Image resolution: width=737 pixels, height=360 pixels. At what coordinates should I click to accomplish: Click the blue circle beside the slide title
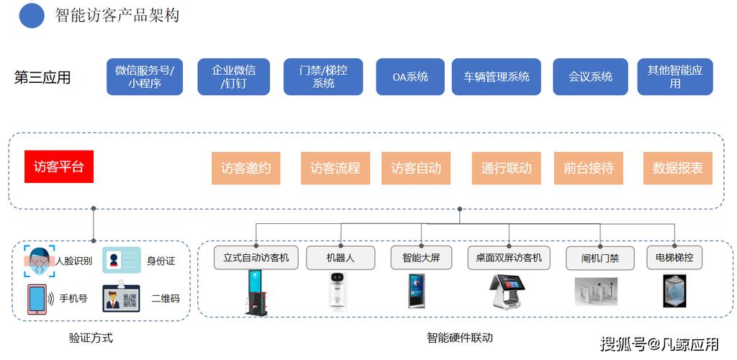32,15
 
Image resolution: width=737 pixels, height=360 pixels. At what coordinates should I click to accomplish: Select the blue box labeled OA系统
410,77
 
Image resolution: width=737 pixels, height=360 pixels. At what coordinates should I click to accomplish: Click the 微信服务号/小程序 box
145,77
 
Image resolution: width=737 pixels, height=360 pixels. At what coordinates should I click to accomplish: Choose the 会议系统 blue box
590,77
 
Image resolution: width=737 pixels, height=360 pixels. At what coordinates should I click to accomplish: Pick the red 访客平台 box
59,167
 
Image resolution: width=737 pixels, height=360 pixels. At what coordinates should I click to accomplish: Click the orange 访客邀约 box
246,168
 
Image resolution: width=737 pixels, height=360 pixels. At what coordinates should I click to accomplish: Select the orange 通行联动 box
506,168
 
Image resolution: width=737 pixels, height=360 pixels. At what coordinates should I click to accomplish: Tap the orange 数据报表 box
677,168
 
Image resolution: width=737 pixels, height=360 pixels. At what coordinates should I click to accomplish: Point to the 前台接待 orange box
588,168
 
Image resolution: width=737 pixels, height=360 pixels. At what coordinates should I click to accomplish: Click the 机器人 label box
340,258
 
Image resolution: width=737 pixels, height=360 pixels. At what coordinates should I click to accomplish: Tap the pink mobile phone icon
37,299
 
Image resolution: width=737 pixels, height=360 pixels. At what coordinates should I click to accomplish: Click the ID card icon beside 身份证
121,260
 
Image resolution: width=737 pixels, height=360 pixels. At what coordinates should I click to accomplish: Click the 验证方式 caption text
91,338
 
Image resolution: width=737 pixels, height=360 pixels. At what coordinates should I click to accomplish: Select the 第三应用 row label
42,78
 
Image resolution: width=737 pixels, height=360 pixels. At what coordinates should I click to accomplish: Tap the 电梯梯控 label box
674,257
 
